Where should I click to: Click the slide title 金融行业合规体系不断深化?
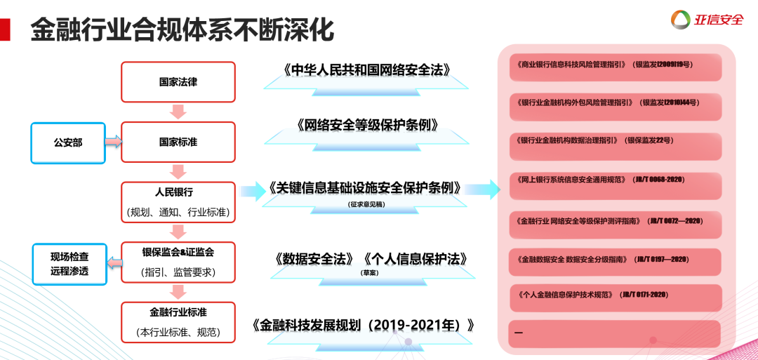(x=182, y=30)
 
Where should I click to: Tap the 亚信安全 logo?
(x=707, y=20)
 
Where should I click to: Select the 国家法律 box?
(x=178, y=81)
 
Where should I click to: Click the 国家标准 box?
(x=178, y=142)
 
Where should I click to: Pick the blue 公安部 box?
(x=68, y=142)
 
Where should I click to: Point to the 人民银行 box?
(x=178, y=201)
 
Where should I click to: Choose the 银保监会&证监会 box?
(x=178, y=262)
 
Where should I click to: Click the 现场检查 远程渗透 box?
(x=69, y=263)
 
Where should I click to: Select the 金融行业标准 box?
(x=178, y=321)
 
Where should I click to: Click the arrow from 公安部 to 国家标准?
(x=113, y=142)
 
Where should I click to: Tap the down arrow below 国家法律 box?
(x=178, y=111)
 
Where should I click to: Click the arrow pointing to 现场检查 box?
(x=114, y=262)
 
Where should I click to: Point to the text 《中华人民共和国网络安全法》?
(x=366, y=70)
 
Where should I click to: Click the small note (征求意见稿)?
(x=367, y=204)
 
